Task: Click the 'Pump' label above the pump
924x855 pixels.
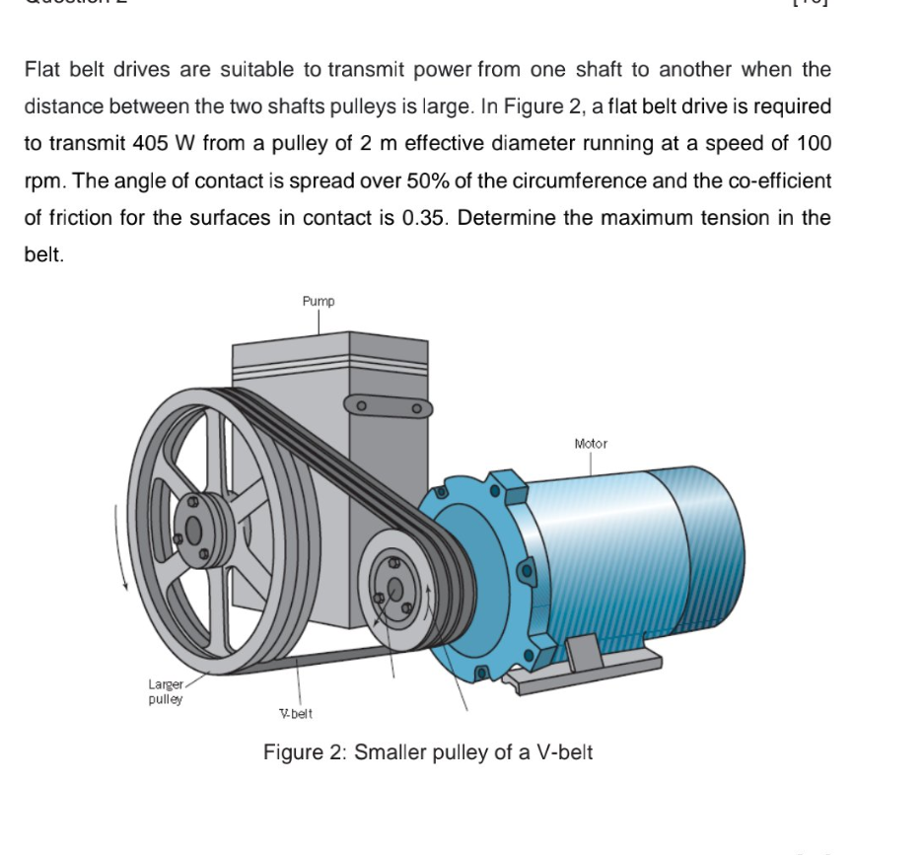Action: tap(319, 301)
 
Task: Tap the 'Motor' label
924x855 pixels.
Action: tap(591, 444)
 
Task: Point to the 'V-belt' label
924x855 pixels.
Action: tap(296, 713)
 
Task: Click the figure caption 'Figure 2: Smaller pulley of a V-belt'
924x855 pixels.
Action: tap(428, 752)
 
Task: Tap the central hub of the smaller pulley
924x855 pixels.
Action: tap(395, 589)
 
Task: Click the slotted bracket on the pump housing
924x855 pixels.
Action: tap(389, 405)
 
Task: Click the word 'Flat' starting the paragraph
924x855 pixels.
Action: tap(42, 70)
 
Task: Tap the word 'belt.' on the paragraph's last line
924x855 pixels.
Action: tap(44, 253)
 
